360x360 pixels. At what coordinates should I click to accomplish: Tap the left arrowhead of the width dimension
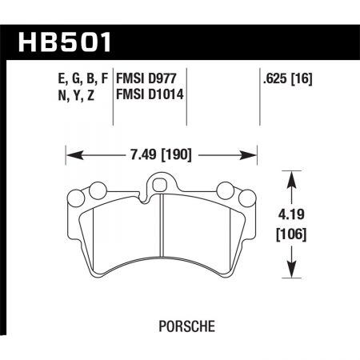pos(67,150)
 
